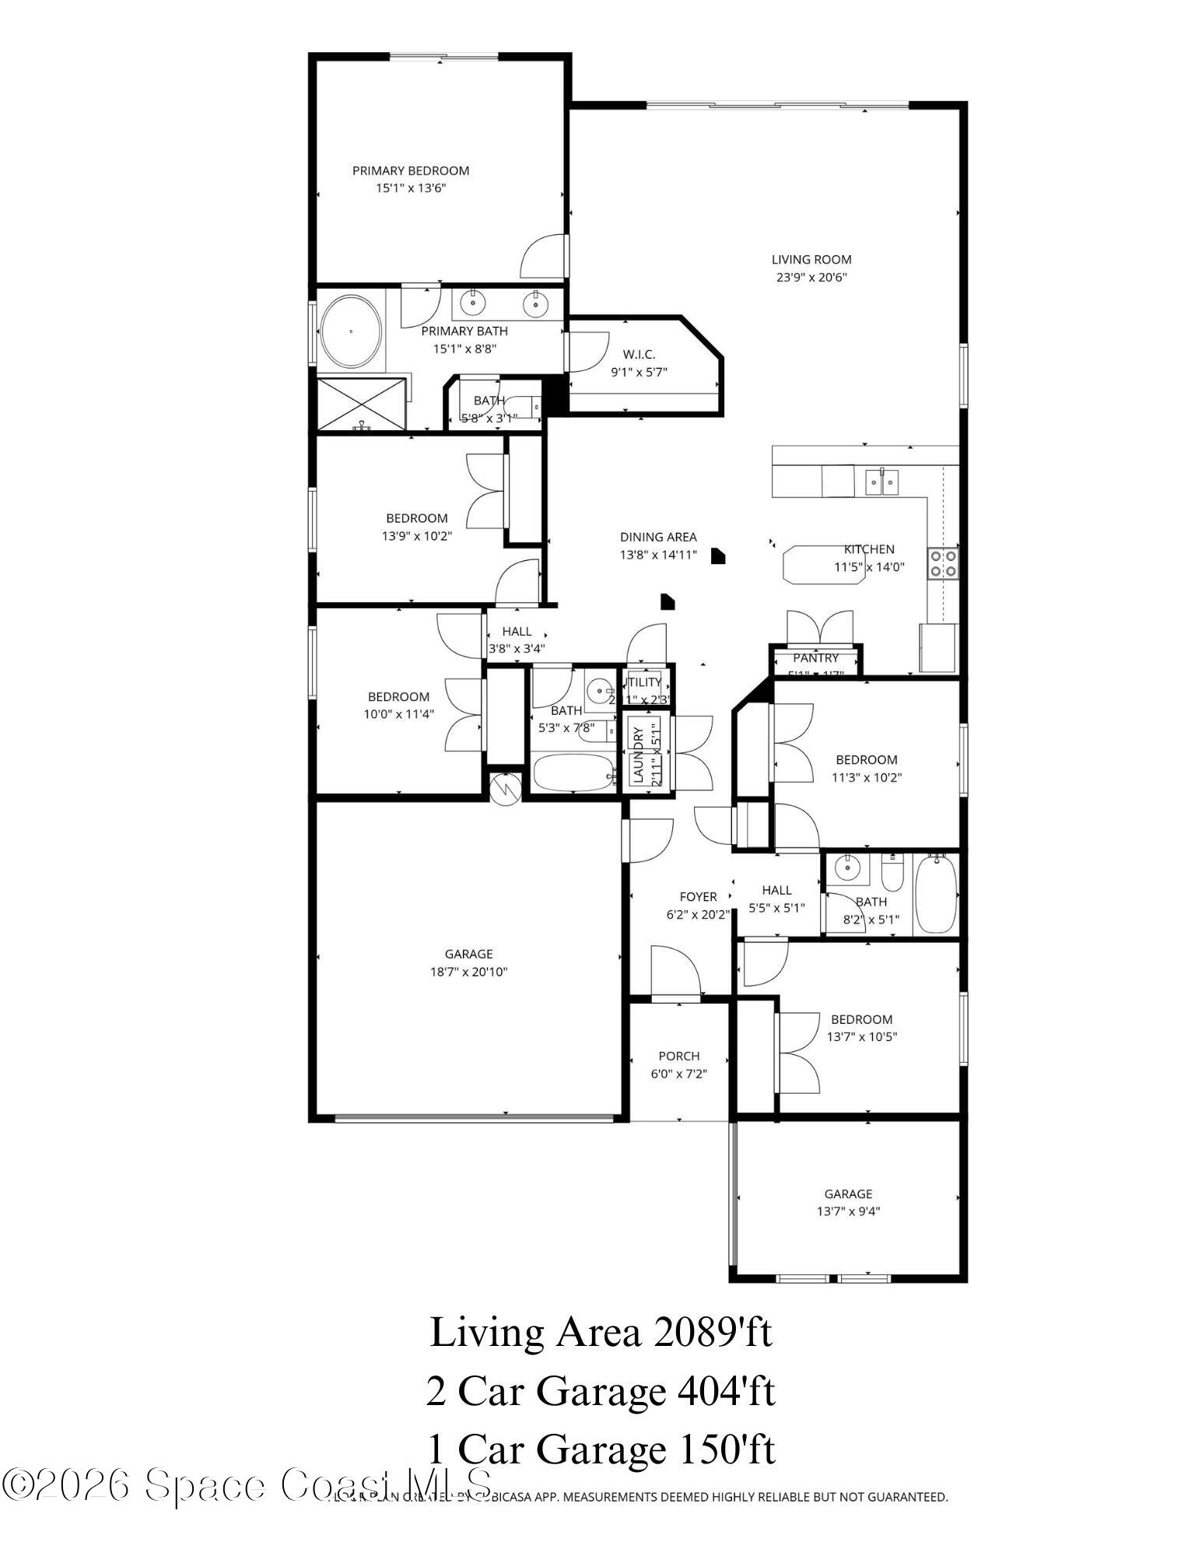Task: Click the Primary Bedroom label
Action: click(x=410, y=170)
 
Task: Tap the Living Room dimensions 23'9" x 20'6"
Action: click(x=811, y=277)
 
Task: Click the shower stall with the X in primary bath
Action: click(x=362, y=403)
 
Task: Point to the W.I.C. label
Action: click(x=638, y=355)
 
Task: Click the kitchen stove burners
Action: click(x=942, y=563)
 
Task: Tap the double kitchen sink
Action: click(x=882, y=482)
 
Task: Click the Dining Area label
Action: click(x=657, y=537)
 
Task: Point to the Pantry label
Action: click(x=815, y=658)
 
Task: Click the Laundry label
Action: click(x=637, y=755)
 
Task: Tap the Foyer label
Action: click(x=698, y=896)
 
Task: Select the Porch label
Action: click(x=678, y=1056)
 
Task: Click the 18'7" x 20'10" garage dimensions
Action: click(x=468, y=971)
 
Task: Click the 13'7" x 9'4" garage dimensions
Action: click(x=848, y=1211)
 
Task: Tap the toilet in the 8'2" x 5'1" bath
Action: click(x=892, y=874)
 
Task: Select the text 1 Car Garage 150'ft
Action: click(x=600, y=1449)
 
